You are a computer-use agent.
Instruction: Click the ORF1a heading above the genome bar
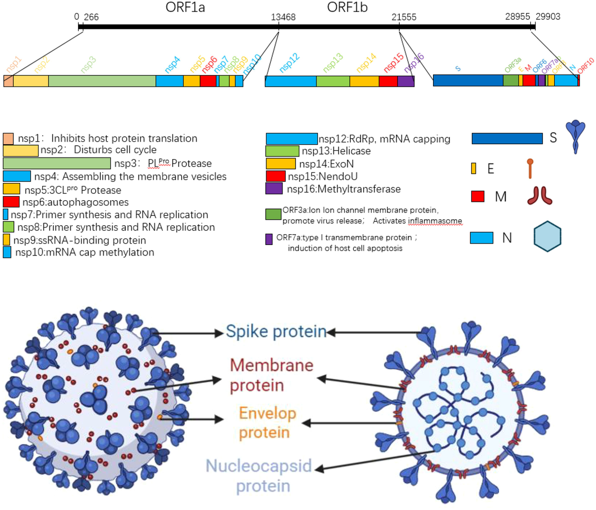pyautogui.click(x=185, y=8)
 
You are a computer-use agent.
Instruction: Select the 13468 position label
pyautogui.click(x=283, y=17)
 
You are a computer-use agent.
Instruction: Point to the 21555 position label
pyautogui.click(x=404, y=17)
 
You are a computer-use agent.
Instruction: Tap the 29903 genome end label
pyautogui.click(x=548, y=16)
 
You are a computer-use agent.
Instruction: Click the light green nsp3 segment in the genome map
pyautogui.click(x=102, y=81)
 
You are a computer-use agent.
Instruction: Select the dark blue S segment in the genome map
pyautogui.click(x=468, y=81)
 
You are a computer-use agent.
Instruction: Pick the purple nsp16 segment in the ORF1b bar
pyautogui.click(x=406, y=81)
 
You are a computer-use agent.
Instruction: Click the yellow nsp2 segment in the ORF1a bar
pyautogui.click(x=31, y=81)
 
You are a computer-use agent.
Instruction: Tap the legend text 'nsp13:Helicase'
pyautogui.click(x=336, y=151)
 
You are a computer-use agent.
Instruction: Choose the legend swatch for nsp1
pyautogui.click(x=8, y=139)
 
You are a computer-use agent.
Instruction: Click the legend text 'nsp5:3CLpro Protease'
pyautogui.click(x=73, y=190)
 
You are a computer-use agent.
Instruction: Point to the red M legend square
pyautogui.click(x=478, y=196)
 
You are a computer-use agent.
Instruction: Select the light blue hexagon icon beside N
pyautogui.click(x=547, y=237)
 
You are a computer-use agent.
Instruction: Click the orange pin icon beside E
pyautogui.click(x=530, y=168)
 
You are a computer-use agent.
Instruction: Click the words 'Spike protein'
pyautogui.click(x=276, y=332)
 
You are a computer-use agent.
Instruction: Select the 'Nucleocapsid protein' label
pyautogui.click(x=259, y=476)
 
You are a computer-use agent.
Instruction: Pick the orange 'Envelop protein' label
pyautogui.click(x=267, y=423)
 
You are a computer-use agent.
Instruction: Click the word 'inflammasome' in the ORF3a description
pyautogui.click(x=435, y=221)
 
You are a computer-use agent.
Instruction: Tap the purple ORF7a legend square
pyautogui.click(x=269, y=239)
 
